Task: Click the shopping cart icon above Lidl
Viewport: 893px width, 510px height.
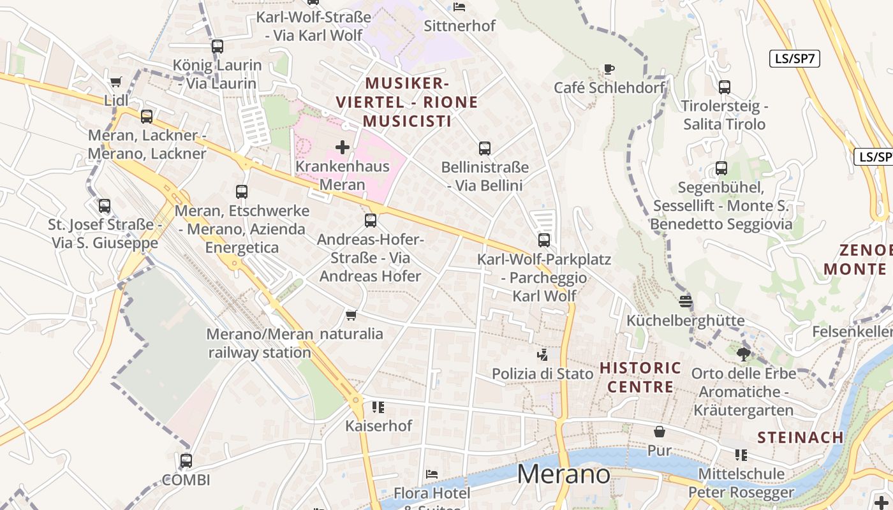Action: [x=115, y=82]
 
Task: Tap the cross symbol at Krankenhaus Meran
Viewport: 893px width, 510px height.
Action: [x=343, y=147]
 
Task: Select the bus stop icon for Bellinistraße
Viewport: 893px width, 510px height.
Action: [x=485, y=149]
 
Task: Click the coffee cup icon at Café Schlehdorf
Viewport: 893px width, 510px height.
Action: [x=609, y=69]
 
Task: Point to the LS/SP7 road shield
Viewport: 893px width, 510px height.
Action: [x=794, y=59]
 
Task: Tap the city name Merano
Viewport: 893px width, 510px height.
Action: [x=563, y=474]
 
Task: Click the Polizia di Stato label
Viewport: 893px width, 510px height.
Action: [x=543, y=374]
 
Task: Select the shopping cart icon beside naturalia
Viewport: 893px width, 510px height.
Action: [x=351, y=316]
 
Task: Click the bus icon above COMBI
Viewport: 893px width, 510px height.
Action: [x=186, y=460]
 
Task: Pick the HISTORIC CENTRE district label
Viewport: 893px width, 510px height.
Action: [x=640, y=377]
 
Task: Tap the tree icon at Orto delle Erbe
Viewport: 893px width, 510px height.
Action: [x=743, y=354]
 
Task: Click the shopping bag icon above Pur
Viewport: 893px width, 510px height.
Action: [x=660, y=432]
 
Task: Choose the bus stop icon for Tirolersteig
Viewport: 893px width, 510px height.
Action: [x=725, y=87]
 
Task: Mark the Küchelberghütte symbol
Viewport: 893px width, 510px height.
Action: [x=686, y=301]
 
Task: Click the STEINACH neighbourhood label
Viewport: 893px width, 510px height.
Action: [x=801, y=437]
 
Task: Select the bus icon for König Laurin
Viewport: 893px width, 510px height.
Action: [x=218, y=46]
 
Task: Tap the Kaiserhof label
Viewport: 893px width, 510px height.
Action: [x=379, y=425]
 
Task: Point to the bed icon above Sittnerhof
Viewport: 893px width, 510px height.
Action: [x=459, y=7]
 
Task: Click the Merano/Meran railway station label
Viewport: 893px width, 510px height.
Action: [x=260, y=343]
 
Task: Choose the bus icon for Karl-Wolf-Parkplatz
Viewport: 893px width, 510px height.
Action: [x=544, y=240]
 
